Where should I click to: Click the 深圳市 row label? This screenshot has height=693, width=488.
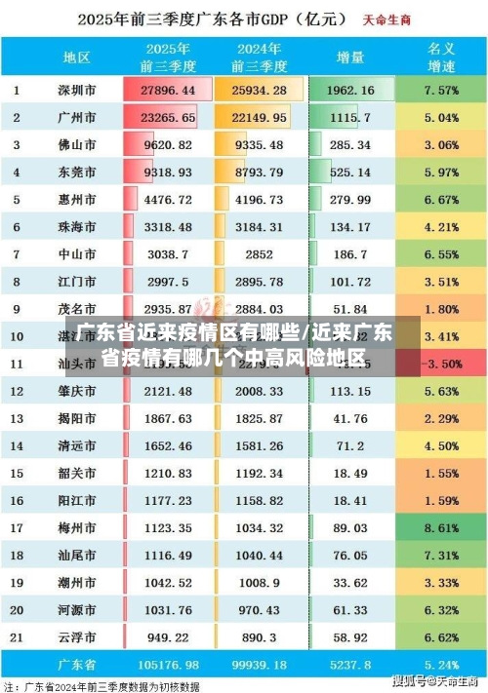77,90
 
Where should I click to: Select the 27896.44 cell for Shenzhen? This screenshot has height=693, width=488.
168,90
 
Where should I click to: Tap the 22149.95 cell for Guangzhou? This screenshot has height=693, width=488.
259,117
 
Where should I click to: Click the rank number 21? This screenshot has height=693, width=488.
17,636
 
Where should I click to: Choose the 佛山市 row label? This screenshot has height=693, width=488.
77,144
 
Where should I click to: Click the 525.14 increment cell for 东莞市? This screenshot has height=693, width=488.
350,172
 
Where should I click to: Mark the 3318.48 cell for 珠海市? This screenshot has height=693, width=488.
168,226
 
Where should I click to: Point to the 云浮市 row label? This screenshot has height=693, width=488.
77,636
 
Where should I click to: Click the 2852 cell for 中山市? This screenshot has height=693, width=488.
259,253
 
